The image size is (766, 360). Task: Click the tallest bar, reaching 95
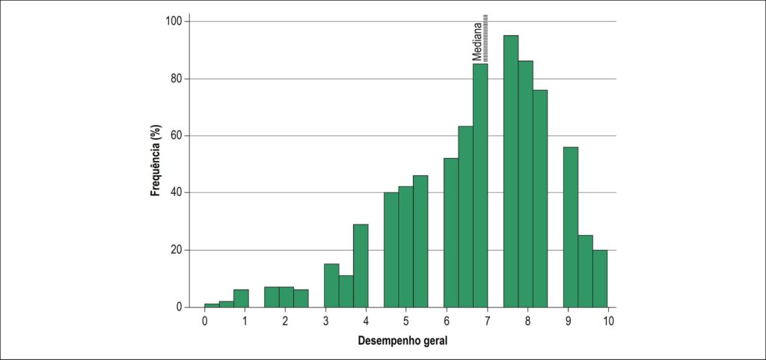(510, 171)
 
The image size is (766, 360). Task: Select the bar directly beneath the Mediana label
(480, 186)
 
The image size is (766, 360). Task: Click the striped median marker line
(486, 39)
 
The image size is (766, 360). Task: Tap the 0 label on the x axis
(205, 321)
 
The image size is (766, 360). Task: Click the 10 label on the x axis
(607, 321)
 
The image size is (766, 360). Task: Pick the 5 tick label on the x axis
(406, 321)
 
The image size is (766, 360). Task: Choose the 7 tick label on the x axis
(486, 321)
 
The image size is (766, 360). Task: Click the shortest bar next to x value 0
(212, 306)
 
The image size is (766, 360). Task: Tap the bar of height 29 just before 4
(361, 266)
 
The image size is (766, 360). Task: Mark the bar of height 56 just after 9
(571, 227)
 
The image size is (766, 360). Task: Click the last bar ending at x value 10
(601, 279)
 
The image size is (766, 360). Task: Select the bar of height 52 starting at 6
(451, 233)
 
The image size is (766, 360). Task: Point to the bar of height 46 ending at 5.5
(420, 241)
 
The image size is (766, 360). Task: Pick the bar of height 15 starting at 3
(331, 286)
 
